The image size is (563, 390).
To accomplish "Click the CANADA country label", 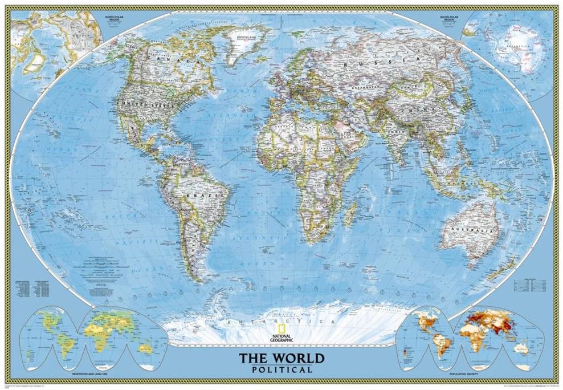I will point(171,57).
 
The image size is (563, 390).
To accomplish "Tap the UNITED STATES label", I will point(140,105).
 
